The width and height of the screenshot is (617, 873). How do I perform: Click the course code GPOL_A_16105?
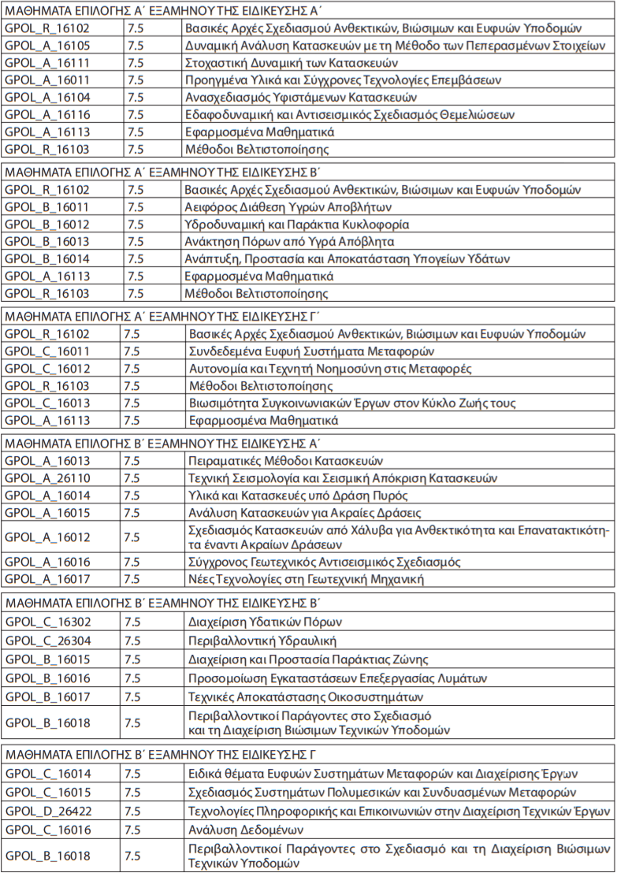47,45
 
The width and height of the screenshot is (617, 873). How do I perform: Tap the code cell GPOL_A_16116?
47,114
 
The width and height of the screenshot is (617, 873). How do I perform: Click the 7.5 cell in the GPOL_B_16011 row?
135,207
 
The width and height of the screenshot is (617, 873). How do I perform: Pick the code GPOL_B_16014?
47,259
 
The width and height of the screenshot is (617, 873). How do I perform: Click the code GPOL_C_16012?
47,369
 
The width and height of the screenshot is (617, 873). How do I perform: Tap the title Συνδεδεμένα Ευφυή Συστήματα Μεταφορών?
311,351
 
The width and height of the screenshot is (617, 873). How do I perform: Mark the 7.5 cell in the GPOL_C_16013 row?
132,403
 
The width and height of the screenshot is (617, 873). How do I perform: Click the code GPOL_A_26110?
47,478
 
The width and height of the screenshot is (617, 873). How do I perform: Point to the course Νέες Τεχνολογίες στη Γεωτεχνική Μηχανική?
307,580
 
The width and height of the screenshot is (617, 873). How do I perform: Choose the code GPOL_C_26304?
47,641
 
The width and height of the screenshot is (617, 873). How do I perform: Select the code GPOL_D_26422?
47,811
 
